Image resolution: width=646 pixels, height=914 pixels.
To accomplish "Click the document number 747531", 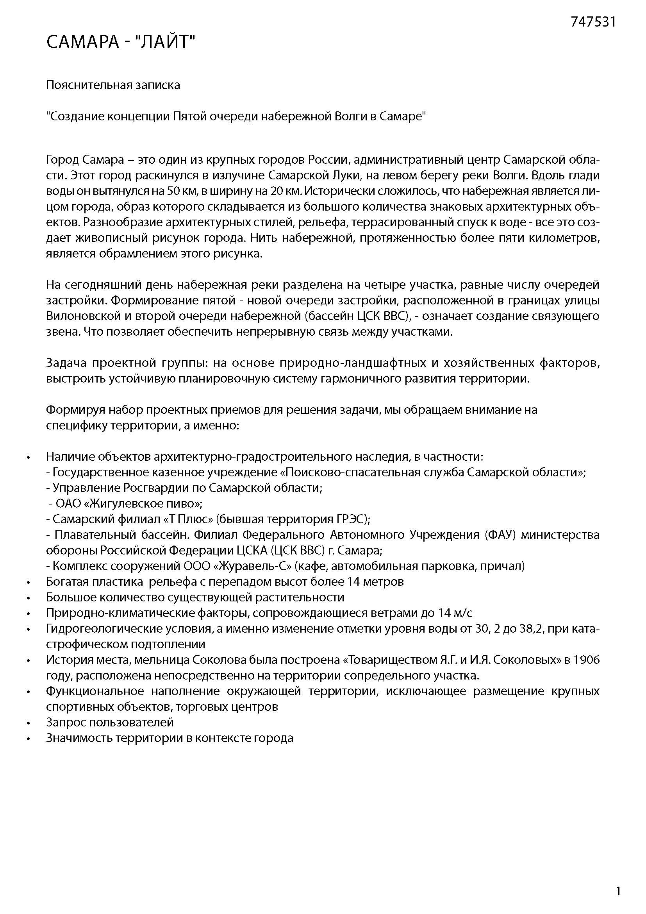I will pos(593,22).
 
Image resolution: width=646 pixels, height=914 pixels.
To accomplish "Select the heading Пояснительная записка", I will pos(113,85).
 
